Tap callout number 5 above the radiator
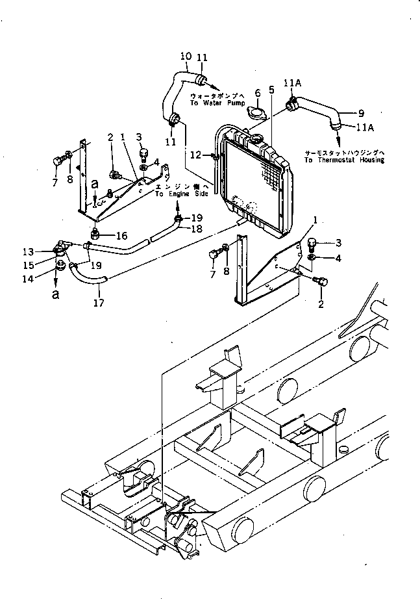pos(271,90)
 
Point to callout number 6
pos(257,94)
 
